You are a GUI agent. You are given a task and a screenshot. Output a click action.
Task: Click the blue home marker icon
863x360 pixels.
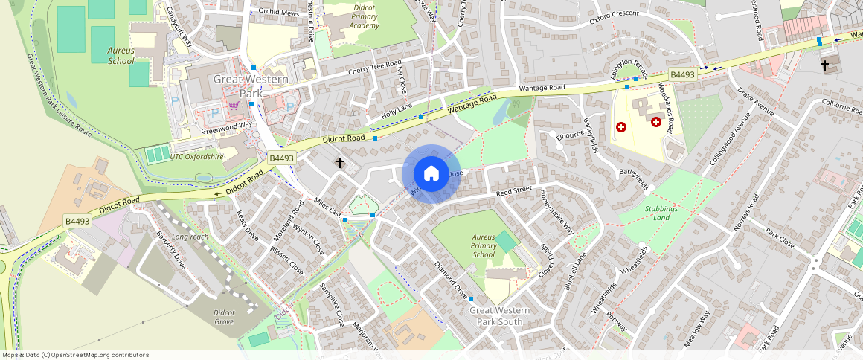pos(431,174)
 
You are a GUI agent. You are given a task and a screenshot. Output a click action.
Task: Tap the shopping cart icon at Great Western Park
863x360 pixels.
pos(234,106)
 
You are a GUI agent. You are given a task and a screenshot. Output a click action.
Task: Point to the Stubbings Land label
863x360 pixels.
pos(661,213)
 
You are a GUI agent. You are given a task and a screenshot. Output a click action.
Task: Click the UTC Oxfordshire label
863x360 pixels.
pos(196,157)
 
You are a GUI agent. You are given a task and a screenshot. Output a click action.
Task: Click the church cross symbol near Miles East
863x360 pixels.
pos(340,162)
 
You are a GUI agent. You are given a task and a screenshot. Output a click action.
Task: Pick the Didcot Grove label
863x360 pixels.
pos(224,318)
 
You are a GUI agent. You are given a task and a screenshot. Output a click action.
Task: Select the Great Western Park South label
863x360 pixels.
pos(500,315)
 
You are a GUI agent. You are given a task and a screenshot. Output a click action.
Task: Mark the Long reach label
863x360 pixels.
pos(190,237)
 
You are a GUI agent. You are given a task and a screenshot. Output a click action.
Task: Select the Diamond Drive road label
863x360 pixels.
pos(451,277)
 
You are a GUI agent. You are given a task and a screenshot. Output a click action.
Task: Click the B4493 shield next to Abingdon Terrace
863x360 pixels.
pos(681,74)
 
